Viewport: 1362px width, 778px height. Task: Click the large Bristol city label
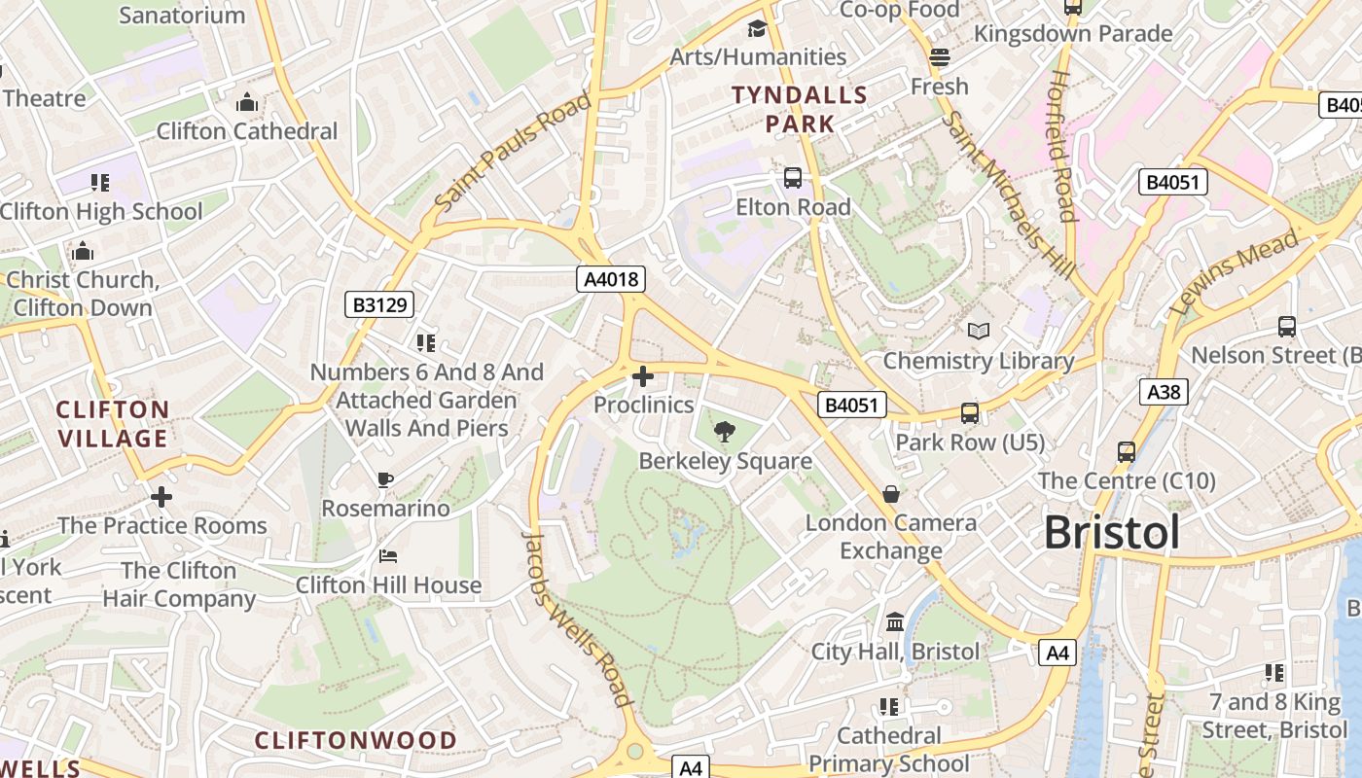point(1112,533)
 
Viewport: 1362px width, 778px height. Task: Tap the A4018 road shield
point(611,280)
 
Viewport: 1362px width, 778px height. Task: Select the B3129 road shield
point(379,305)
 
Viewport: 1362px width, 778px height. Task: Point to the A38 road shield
point(1164,392)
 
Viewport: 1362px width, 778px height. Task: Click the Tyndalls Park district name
point(799,109)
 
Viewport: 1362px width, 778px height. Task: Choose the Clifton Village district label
point(113,424)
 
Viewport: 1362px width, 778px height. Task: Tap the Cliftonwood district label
point(356,741)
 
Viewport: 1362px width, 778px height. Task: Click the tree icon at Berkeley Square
point(724,430)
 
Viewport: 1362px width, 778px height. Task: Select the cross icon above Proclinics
point(643,375)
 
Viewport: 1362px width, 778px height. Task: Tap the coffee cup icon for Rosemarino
point(385,479)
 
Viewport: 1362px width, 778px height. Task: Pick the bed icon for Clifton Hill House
point(387,556)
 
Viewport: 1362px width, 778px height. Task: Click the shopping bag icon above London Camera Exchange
point(890,494)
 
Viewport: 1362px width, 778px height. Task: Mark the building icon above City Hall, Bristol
point(895,621)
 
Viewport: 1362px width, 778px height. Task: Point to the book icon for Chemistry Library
point(978,331)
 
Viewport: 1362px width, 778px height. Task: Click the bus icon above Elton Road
point(793,178)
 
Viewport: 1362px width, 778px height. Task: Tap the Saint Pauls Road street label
point(513,151)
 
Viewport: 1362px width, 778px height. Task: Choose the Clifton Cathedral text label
point(247,131)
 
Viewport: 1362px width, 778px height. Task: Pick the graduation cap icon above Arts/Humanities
point(757,28)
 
